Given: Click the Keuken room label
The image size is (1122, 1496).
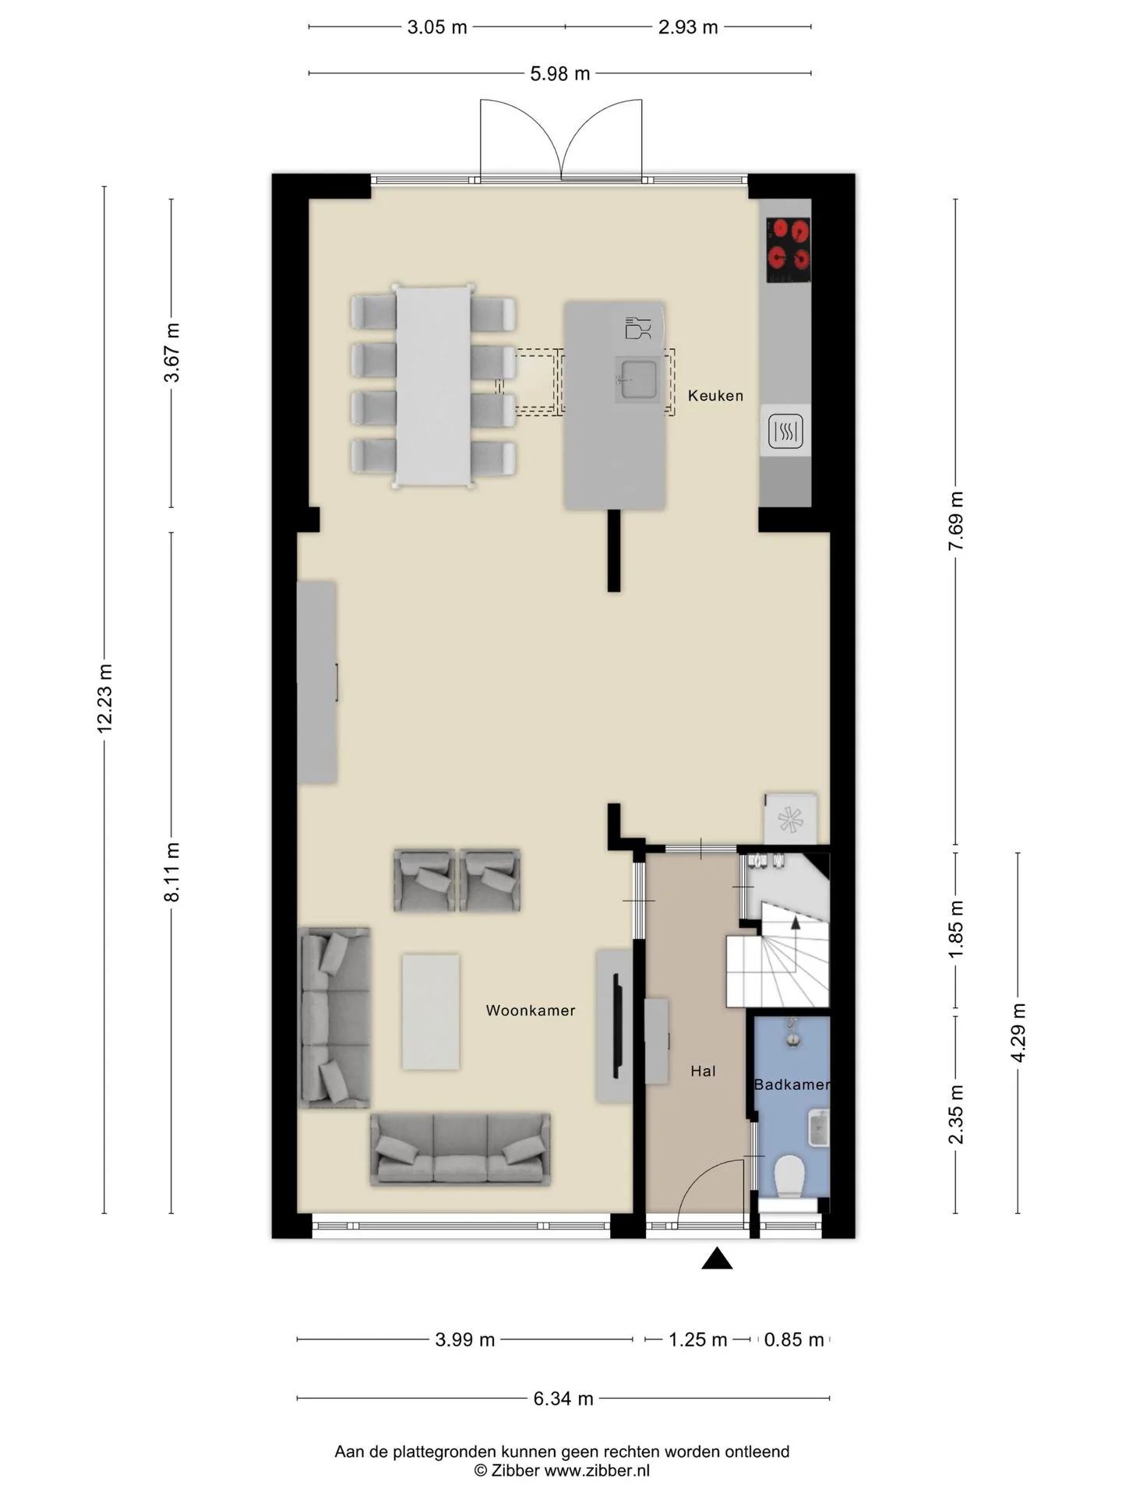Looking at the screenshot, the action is pos(715,396).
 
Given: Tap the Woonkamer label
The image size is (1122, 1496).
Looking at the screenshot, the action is pos(531,1011).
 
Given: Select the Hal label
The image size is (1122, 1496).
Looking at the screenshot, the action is pos(703,1071).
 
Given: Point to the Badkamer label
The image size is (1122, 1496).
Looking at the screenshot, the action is pos(792,1085).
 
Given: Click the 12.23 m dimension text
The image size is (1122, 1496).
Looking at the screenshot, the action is pos(105,698).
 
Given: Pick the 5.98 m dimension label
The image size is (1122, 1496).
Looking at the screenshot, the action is pos(560,74).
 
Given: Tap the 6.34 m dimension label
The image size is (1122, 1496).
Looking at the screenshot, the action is pos(563,1399).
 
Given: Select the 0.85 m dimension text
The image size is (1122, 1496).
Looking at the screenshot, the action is pos(794,1339).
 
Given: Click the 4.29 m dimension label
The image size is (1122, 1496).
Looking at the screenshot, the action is pos(1018,1032).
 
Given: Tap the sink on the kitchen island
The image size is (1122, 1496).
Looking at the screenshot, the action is pos(637,380).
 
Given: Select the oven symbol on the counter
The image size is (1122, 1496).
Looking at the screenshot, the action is pos(785,430).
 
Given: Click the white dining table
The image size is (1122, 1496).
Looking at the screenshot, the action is pos(434,386).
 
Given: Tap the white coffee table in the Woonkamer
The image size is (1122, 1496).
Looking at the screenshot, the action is pos(430,1012).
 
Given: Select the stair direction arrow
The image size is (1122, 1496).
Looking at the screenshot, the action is pos(796,923).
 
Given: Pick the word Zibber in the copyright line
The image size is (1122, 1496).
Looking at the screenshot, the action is pos(514,1471).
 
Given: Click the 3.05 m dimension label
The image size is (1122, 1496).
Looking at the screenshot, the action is pos(437,27).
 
